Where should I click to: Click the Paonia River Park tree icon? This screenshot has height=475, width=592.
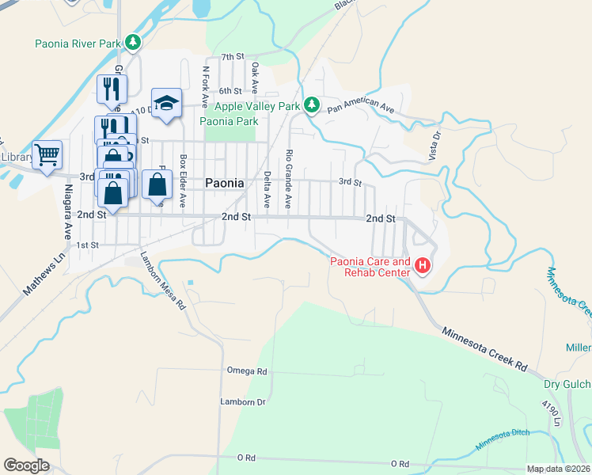[x=134, y=42]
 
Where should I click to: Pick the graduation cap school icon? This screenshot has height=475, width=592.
[x=167, y=102]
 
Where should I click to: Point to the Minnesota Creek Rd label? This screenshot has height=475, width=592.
[x=484, y=349]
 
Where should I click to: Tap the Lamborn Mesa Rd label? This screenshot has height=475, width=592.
[x=162, y=280]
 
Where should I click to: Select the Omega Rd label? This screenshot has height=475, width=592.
[x=247, y=370]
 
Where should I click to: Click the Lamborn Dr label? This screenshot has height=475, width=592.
[x=242, y=402]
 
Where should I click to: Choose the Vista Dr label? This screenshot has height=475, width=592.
[x=434, y=146]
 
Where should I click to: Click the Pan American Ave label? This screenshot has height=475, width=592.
[x=360, y=106]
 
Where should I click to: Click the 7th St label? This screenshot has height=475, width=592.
[x=233, y=57]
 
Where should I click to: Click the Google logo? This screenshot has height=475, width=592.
[x=25, y=465]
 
